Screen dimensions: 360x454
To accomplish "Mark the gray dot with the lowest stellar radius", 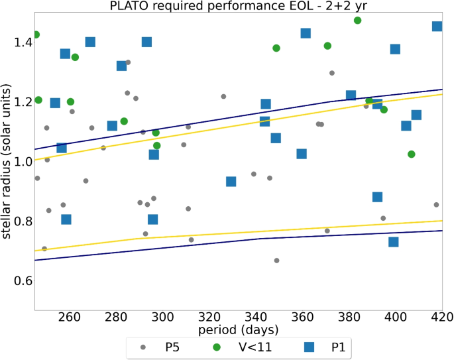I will pyautogui.click(x=276, y=261).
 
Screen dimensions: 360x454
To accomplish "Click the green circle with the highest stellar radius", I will pyautogui.click(x=357, y=21).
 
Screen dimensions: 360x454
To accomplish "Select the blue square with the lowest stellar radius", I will pyautogui.click(x=393, y=242).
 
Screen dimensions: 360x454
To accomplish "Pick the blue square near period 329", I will pyautogui.click(x=231, y=182).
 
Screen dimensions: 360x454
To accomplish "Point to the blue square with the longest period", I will pyautogui.click(x=437, y=27).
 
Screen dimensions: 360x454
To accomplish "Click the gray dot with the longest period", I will pyautogui.click(x=436, y=205).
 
